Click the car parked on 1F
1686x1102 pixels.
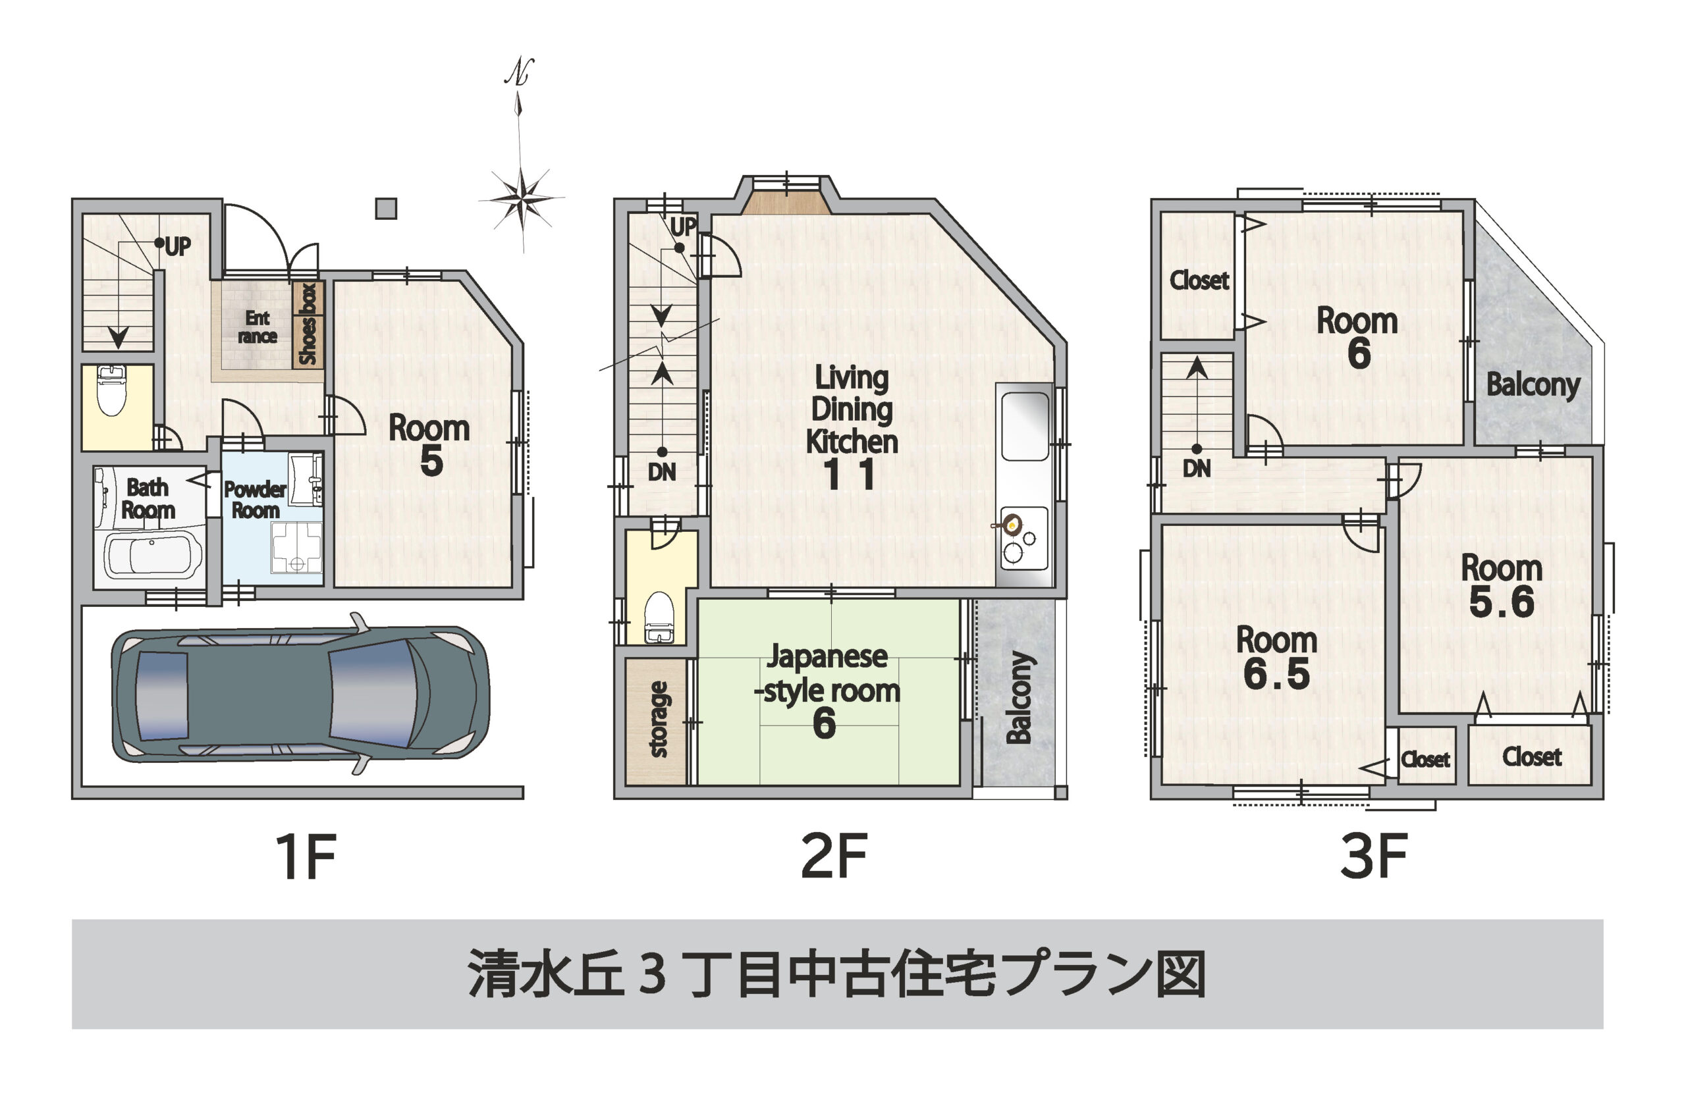300,693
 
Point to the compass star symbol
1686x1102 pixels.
522,197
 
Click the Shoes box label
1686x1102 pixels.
308,324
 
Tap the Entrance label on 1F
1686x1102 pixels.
257,327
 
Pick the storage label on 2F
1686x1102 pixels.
657,719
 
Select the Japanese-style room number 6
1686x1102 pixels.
824,725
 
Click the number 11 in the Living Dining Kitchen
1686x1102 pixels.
850,475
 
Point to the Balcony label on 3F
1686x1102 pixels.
1533,384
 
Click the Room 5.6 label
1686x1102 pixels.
1502,585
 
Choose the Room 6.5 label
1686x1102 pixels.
1276,657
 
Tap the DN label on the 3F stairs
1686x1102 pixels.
1197,468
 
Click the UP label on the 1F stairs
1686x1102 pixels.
178,246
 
